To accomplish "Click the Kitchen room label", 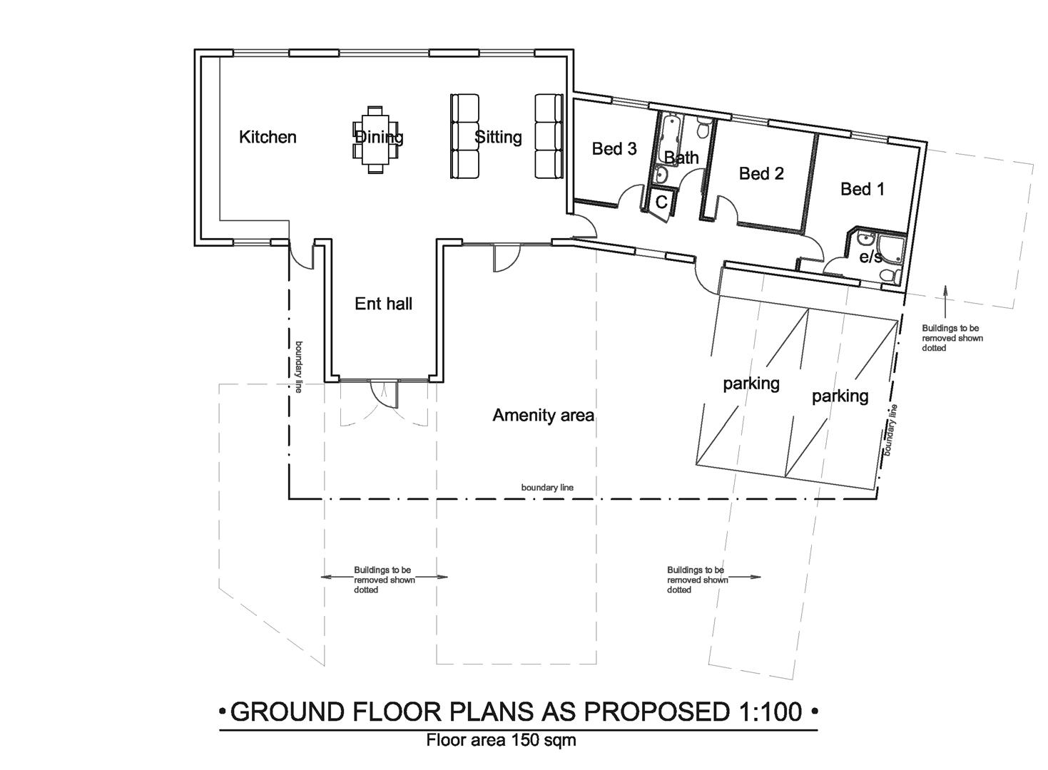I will point(268,137).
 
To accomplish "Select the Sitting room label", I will point(498,137).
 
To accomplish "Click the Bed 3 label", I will point(614,148).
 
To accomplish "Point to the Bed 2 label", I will point(761,173).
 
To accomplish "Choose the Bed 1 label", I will point(862,189).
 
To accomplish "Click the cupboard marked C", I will point(661,202).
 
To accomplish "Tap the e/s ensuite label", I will point(870,257).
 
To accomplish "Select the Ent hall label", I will point(383,304).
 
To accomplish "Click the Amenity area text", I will point(543,415).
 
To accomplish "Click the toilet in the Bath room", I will point(702,130).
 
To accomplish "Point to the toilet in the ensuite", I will point(888,274).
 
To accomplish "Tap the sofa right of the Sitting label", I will point(549,136).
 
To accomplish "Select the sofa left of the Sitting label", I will point(464,136).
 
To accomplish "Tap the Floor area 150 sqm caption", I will point(501,740).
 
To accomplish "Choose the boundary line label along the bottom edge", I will point(547,488).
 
